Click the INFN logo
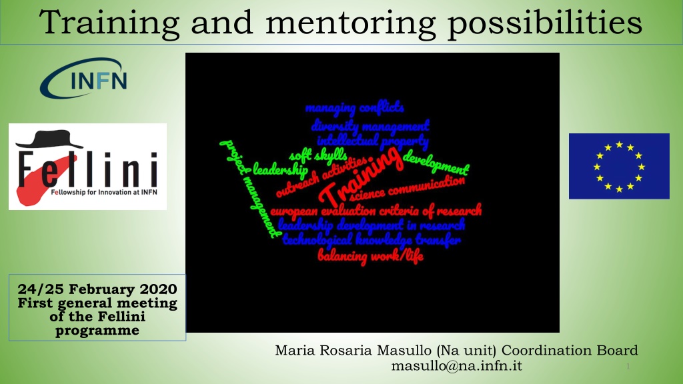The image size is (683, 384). [83, 79]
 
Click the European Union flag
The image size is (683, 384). [619, 166]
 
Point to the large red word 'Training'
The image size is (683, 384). [361, 175]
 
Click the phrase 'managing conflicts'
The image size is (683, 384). [355, 107]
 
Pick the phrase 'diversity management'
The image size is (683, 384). [370, 126]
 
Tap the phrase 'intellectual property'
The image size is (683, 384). [373, 141]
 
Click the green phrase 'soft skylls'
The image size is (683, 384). [318, 155]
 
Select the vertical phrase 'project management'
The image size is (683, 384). [250, 189]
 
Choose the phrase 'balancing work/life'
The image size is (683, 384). [370, 255]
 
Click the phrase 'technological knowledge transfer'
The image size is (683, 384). [372, 239]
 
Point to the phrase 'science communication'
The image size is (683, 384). [407, 188]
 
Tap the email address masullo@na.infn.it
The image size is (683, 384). [456, 366]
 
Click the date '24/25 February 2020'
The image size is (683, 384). [97, 289]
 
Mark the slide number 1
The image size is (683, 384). [628, 367]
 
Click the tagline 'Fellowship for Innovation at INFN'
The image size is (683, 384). [104, 192]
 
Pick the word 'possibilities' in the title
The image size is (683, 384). [546, 23]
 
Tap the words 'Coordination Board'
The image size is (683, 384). [570, 350]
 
